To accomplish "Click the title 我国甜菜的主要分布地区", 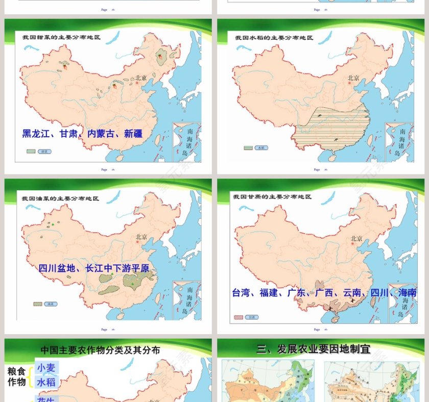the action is pyautogui.click(x=61, y=37).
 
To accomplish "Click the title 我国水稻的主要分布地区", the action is pyautogui.click(x=274, y=38).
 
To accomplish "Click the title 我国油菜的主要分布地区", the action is pyautogui.click(x=60, y=198).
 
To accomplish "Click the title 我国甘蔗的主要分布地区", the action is pyautogui.click(x=273, y=196).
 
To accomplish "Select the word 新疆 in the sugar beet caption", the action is pyautogui.click(x=133, y=134).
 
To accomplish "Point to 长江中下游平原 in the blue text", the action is pyautogui.click(x=121, y=268).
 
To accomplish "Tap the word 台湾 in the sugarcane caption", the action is pyautogui.click(x=242, y=293).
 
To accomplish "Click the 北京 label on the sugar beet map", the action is pyautogui.click(x=141, y=78).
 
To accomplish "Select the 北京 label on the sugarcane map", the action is pyautogui.click(x=356, y=238).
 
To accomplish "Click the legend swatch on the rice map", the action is pyautogui.click(x=249, y=148).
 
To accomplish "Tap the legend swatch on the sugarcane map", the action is pyautogui.click(x=239, y=317).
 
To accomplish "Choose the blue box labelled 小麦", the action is pyautogui.click(x=47, y=367).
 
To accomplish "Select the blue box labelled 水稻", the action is pyautogui.click(x=47, y=382).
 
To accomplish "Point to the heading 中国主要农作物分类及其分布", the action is pyautogui.click(x=100, y=350).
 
